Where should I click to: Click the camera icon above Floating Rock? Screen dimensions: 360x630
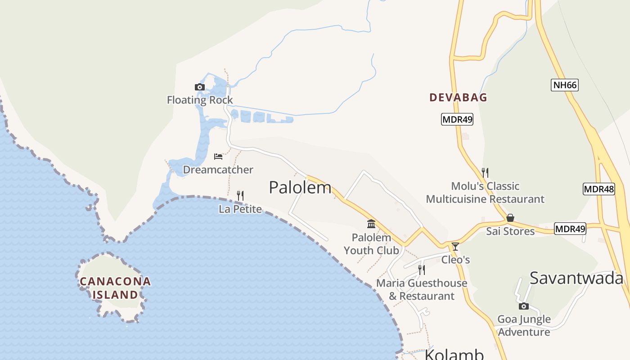(x=200, y=87)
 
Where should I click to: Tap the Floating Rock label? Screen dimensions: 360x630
(x=200, y=100)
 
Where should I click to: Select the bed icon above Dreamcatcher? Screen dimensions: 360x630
(x=218, y=157)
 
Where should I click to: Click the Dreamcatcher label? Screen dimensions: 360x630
(x=218, y=170)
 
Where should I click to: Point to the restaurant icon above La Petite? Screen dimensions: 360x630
(x=240, y=196)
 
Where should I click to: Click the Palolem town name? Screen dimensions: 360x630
(x=300, y=187)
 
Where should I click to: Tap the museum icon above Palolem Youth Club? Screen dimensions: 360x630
(x=371, y=224)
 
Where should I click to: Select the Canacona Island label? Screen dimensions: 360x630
(x=115, y=288)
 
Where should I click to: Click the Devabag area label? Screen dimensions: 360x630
(x=458, y=97)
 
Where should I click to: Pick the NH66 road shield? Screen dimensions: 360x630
(x=564, y=85)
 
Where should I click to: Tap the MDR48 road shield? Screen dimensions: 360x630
(x=598, y=189)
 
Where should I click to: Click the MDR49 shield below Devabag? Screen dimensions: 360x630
(x=457, y=119)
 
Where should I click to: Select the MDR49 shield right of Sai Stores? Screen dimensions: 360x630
(x=570, y=229)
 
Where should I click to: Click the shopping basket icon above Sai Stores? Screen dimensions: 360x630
(x=510, y=218)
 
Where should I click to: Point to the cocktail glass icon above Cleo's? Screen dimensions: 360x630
(x=455, y=247)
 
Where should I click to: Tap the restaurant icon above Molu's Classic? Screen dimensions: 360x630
(x=485, y=172)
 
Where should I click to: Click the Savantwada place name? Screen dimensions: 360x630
(x=576, y=278)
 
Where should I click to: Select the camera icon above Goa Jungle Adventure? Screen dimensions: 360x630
(x=524, y=306)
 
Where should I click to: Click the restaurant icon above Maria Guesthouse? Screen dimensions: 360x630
(x=422, y=270)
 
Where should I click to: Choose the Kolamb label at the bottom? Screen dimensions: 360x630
(x=454, y=354)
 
